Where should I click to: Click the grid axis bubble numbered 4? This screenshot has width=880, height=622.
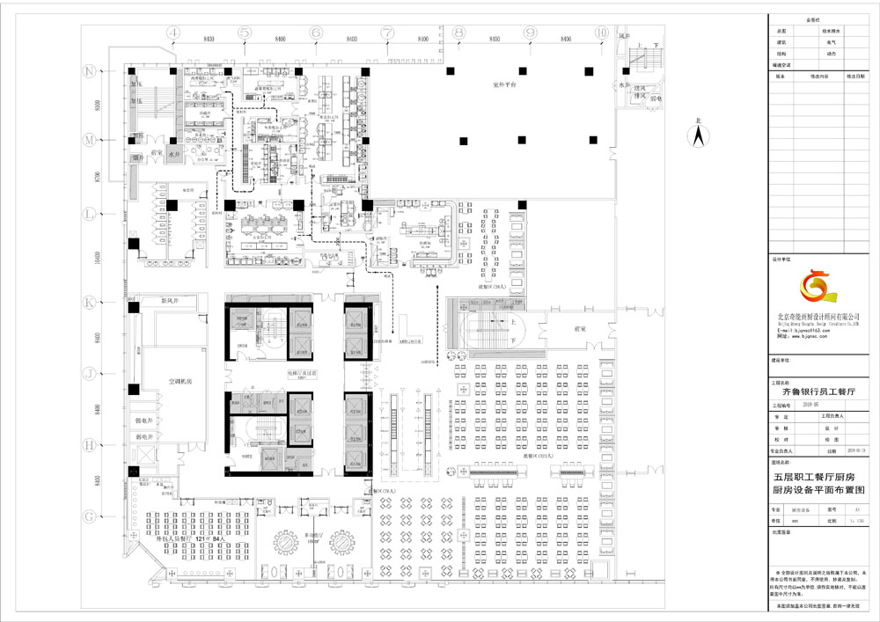tap(173, 32)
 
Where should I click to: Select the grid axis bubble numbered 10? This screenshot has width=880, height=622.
tap(601, 32)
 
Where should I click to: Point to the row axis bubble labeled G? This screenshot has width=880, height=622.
tap(89, 516)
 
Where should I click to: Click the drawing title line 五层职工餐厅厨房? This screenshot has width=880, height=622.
tap(818, 475)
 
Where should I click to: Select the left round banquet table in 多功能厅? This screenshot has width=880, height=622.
tap(288, 542)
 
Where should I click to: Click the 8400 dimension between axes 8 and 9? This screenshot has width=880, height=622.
tap(494, 40)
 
